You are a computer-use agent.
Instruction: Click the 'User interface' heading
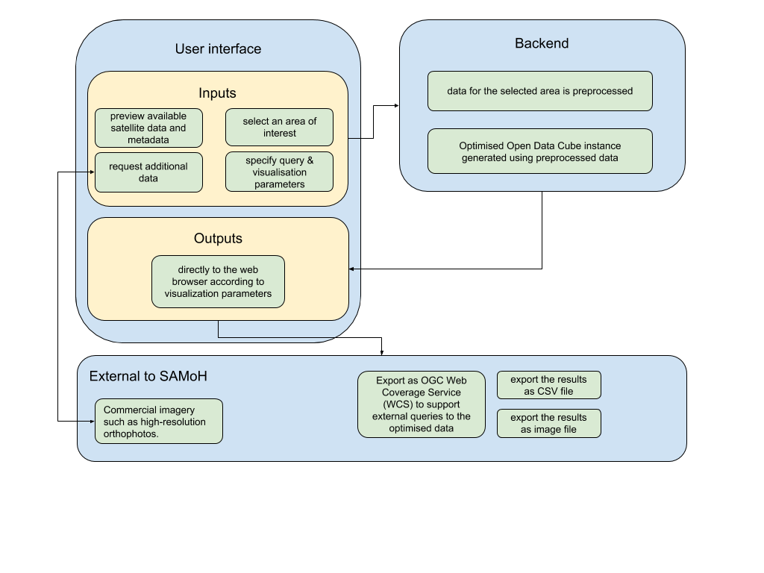218,48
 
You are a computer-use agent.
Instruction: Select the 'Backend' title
542,43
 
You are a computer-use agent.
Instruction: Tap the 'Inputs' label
217,93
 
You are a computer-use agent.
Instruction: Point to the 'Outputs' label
218,238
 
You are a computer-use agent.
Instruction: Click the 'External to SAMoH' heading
148,376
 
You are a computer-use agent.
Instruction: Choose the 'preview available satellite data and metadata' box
148,128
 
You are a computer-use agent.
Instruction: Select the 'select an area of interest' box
279,127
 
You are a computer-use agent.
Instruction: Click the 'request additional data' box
148,172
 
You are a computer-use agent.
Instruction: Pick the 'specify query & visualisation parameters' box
279,172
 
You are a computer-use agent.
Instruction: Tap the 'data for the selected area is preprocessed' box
540,91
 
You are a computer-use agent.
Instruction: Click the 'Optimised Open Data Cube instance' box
540,151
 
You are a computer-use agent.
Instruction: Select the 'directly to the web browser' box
218,281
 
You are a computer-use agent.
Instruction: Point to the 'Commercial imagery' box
159,422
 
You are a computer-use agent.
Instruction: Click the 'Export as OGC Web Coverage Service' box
422,404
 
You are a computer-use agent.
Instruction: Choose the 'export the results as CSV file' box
548,385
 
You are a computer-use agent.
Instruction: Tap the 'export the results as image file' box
548,424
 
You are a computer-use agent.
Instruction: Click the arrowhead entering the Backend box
397,105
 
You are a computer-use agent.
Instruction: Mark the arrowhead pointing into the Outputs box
352,269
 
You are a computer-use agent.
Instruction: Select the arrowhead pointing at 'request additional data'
92,172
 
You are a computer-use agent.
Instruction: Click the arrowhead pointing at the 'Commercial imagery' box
92,422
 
